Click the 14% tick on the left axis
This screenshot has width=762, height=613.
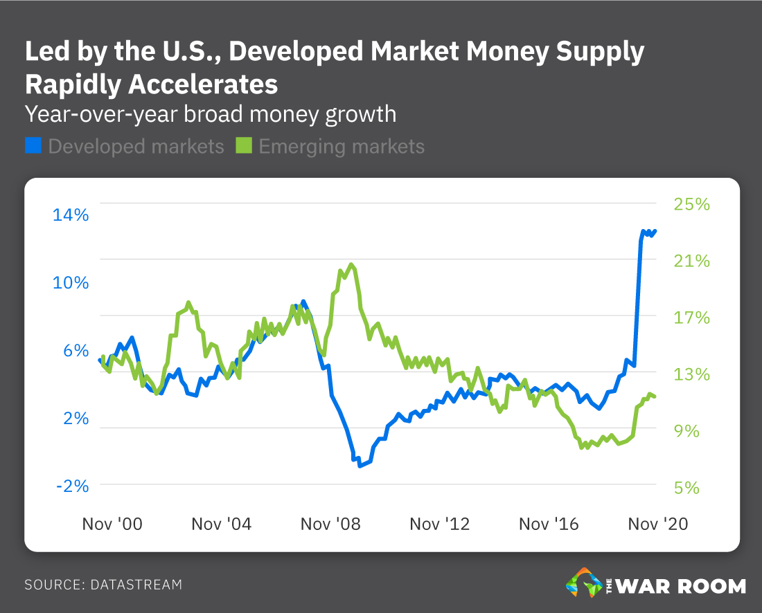[71, 215]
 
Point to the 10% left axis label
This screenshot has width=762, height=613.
[71, 283]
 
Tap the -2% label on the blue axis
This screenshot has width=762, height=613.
[72, 486]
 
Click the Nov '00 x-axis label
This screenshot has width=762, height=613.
[112, 524]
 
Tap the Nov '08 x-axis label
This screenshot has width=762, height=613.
[330, 524]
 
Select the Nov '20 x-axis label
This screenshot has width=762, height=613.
[658, 524]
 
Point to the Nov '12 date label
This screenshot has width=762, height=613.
[440, 524]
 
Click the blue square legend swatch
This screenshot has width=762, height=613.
[33, 146]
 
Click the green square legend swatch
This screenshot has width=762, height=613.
[244, 146]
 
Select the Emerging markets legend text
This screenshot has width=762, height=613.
[341, 147]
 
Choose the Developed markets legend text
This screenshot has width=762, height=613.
[136, 147]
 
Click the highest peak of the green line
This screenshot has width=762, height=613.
[351, 264]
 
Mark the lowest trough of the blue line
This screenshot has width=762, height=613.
[360, 466]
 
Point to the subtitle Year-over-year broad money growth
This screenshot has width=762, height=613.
[211, 113]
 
